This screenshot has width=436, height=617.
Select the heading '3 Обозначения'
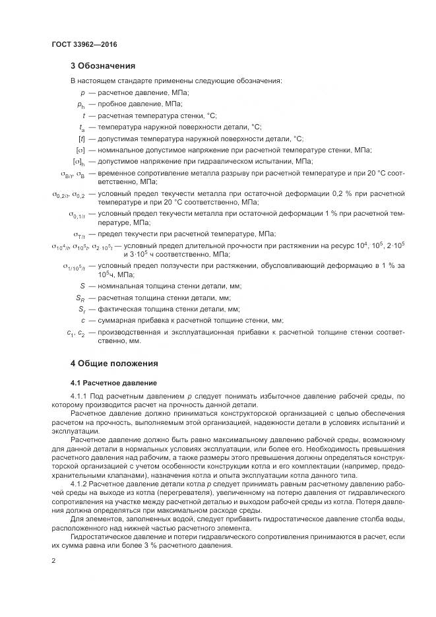click(x=102, y=66)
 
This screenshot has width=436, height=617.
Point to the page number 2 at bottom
click(x=53, y=561)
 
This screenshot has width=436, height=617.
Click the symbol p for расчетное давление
click(x=82, y=93)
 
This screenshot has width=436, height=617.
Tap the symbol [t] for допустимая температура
click(x=81, y=138)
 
